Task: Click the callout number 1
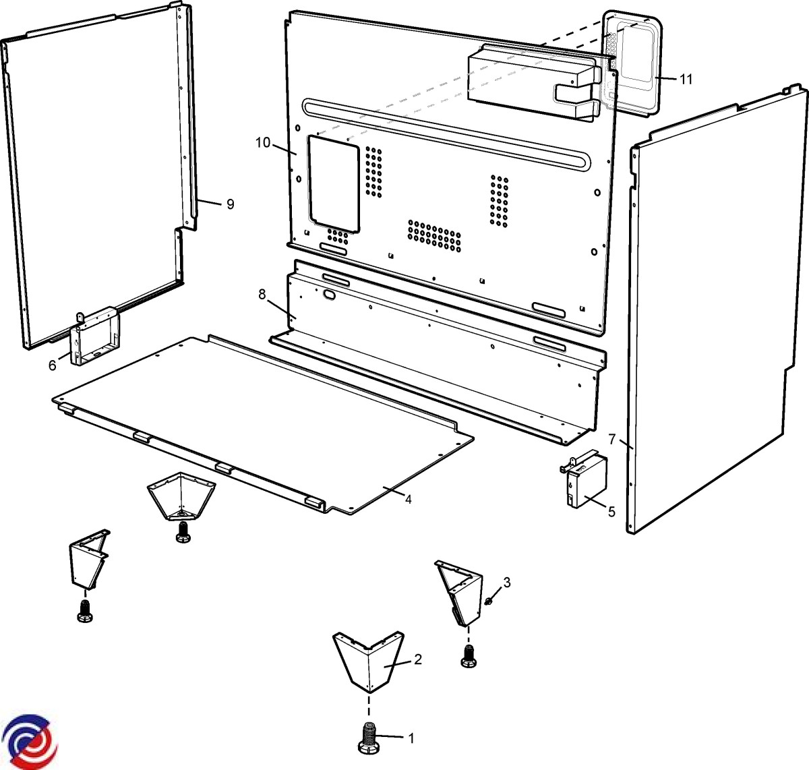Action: pos(411,738)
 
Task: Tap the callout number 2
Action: pos(417,659)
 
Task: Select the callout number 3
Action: pos(507,582)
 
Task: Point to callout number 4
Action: pos(408,498)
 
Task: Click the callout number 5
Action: pos(611,512)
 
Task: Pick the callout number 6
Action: pos(53,365)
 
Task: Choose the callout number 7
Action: pos(612,439)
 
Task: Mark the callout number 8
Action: pos(262,295)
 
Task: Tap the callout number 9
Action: pos(230,204)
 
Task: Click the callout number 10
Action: pos(262,142)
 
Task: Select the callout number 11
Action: pos(686,79)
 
